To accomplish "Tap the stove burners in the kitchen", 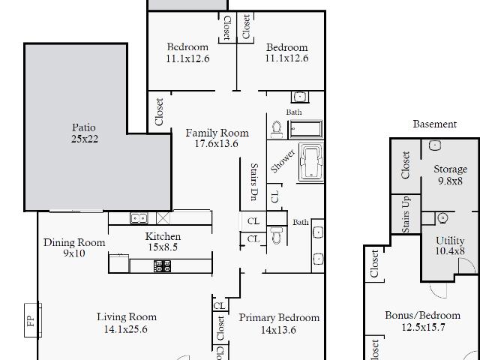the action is tap(162, 266).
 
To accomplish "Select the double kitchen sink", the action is tap(139, 218).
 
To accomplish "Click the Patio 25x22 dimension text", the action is tap(85, 139).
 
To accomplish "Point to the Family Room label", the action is tap(217, 133).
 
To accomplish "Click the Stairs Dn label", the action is tap(253, 181).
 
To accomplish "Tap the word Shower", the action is tap(283, 160).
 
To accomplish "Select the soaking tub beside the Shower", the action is tap(311, 163).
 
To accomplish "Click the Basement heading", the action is tap(435, 124).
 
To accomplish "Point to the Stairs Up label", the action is tap(406, 214).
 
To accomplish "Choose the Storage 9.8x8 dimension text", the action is tap(450, 181).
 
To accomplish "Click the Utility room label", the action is tap(450, 241).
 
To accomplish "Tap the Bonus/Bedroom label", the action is tap(422, 315).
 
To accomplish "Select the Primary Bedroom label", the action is tap(279, 317).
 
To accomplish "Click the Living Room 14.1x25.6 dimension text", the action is tap(125, 329).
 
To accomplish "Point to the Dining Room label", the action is tap(74, 242).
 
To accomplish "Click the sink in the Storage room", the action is tap(435, 145).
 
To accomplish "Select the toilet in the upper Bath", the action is tap(277, 130).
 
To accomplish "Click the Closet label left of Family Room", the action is tap(159, 112).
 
